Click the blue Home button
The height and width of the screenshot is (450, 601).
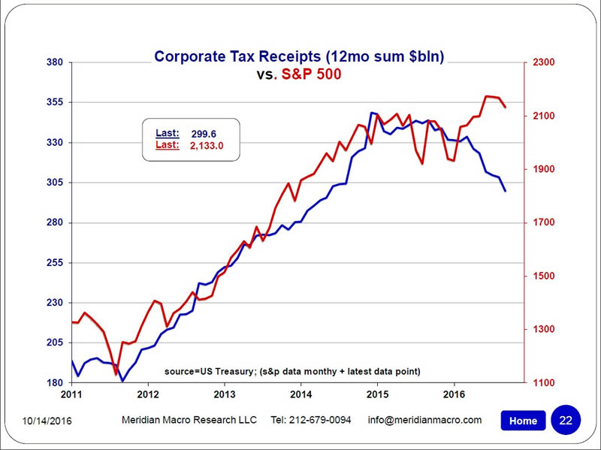(523, 421)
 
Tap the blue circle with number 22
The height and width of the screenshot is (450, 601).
(566, 419)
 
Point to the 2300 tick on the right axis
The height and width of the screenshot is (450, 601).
(545, 62)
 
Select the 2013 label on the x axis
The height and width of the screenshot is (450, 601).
(225, 394)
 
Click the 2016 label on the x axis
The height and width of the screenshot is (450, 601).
(454, 394)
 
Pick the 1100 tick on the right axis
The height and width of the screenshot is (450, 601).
(545, 383)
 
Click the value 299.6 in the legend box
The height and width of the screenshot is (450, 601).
(204, 134)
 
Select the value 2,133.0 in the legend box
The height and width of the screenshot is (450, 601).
(207, 146)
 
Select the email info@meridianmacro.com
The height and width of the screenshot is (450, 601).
(424, 420)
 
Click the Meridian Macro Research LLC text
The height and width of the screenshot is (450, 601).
(189, 420)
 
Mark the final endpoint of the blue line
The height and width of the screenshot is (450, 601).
(505, 191)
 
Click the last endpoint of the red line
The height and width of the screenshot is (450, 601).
(505, 107)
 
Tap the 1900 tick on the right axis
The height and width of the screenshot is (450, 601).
(545, 169)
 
